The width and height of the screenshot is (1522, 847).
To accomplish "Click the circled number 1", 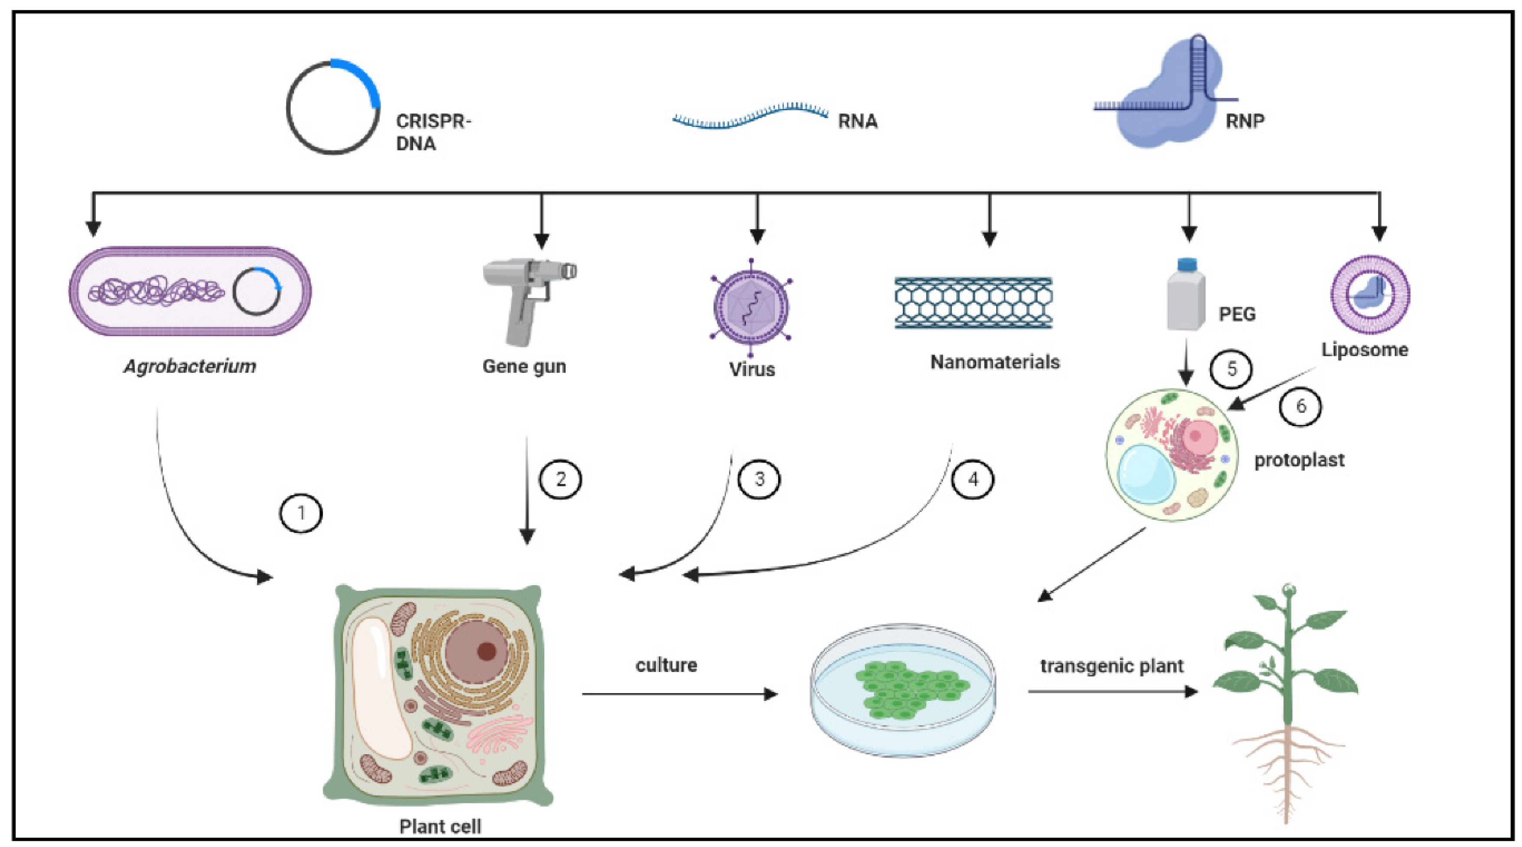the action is pyautogui.click(x=301, y=513).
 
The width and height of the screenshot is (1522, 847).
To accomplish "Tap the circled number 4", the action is pyautogui.click(x=972, y=479).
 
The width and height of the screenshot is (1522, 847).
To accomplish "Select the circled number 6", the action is pyautogui.click(x=1300, y=406).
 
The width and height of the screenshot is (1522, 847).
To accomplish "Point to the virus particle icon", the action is pyautogui.click(x=751, y=307).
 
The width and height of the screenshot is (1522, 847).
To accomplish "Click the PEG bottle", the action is pyautogui.click(x=1186, y=293).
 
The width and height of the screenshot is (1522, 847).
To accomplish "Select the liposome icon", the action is pyautogui.click(x=1370, y=294).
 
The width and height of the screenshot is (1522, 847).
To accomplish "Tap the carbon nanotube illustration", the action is pyautogui.click(x=973, y=303).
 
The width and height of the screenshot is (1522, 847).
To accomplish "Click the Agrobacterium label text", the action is pyautogui.click(x=190, y=367).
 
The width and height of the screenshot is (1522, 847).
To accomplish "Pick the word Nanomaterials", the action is pyautogui.click(x=995, y=362).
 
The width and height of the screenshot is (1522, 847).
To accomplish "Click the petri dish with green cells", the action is pyautogui.click(x=903, y=690).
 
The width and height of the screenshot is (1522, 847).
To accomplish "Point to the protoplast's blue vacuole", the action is pyautogui.click(x=1147, y=474).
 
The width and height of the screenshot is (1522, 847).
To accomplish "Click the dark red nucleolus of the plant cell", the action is pyautogui.click(x=486, y=652).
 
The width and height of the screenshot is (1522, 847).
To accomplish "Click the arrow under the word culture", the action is pyautogui.click(x=680, y=694).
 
